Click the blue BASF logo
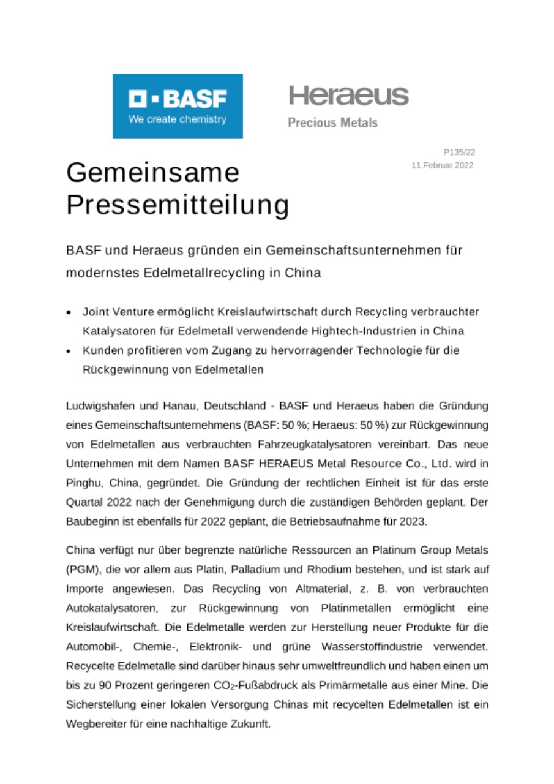point(178,106)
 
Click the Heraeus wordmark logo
point(348,96)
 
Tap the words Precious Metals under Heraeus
point(332,123)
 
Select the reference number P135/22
point(459,152)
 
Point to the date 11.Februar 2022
point(443,165)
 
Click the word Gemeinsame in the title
point(152,173)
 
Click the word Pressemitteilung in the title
point(178,206)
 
